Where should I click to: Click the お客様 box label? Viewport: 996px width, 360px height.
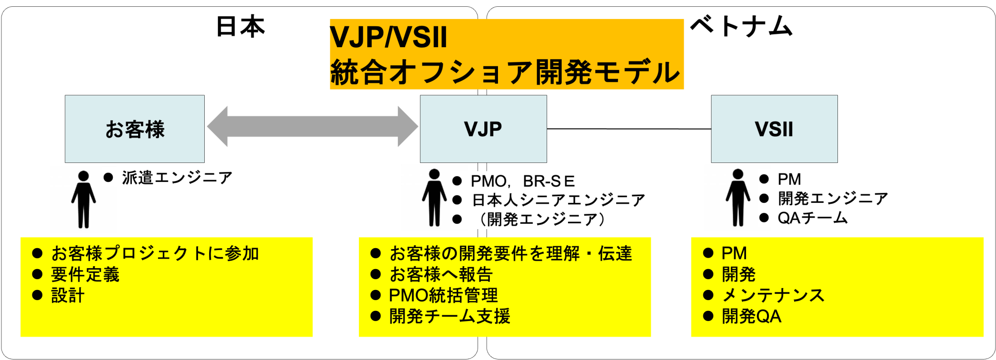pos(135,129)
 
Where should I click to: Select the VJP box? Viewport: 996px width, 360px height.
pos(483,129)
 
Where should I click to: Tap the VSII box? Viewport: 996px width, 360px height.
pos(774,129)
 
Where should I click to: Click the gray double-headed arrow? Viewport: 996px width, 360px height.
pos(312,126)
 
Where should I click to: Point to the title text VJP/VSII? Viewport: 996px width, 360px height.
pos(388,37)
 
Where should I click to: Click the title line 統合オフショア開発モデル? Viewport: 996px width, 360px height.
pos(504,72)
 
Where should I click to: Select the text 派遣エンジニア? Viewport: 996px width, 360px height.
pos(177,178)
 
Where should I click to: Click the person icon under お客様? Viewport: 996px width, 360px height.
pos(83,199)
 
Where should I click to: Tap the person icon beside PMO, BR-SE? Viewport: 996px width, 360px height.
pos(434,198)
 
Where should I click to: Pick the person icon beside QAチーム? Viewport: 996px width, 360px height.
pos(738,198)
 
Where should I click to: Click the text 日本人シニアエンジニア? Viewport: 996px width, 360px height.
pos(558,200)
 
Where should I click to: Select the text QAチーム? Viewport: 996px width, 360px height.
pos(813,218)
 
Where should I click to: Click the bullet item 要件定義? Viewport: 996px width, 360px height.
pos(85,274)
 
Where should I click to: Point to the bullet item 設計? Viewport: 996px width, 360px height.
pos(68,295)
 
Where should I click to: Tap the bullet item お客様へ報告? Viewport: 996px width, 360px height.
pos(441,274)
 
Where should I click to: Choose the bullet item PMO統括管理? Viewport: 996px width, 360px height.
pos(443,295)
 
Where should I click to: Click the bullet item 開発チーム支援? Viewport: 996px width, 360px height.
pos(449,316)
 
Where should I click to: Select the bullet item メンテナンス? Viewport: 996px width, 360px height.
pos(773,295)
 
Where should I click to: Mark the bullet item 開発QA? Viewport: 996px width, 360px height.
pos(751,316)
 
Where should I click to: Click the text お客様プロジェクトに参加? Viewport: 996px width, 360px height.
pos(155,253)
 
